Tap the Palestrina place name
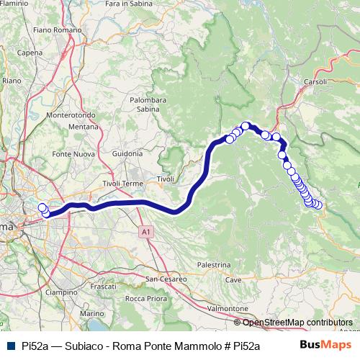[213, 265]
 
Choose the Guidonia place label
[127, 153]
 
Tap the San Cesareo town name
[166, 278]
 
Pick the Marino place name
[91, 314]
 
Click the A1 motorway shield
[146, 232]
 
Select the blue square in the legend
[10, 346]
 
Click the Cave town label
[233, 279]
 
